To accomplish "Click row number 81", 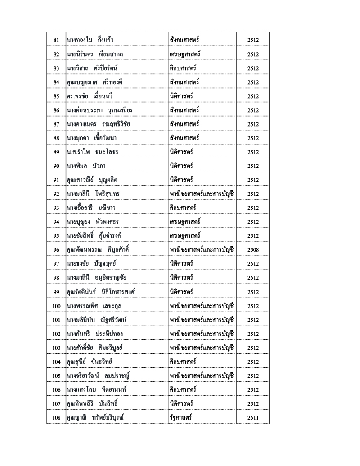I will [56, 41].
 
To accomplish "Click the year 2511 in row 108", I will [253, 417].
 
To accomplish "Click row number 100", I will [56, 306].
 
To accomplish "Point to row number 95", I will [56, 236].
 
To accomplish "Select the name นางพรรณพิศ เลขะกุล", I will [94, 306].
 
